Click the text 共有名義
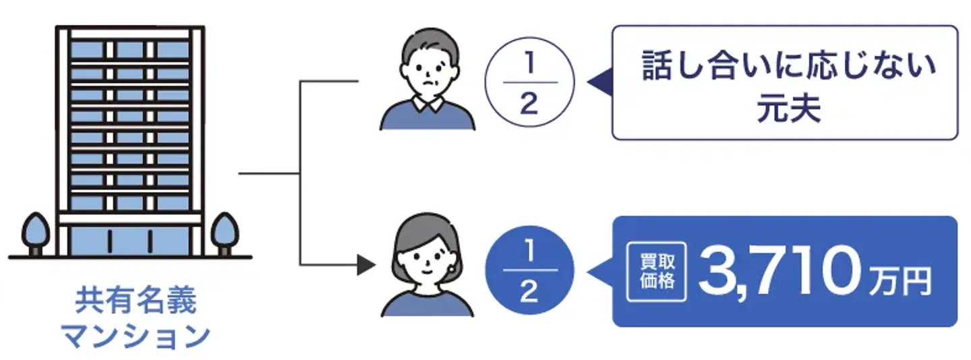(x=136, y=301)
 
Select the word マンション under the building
(x=136, y=336)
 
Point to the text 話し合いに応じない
(x=788, y=67)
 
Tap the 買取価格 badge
(x=656, y=271)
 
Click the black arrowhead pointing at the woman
(x=365, y=265)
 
